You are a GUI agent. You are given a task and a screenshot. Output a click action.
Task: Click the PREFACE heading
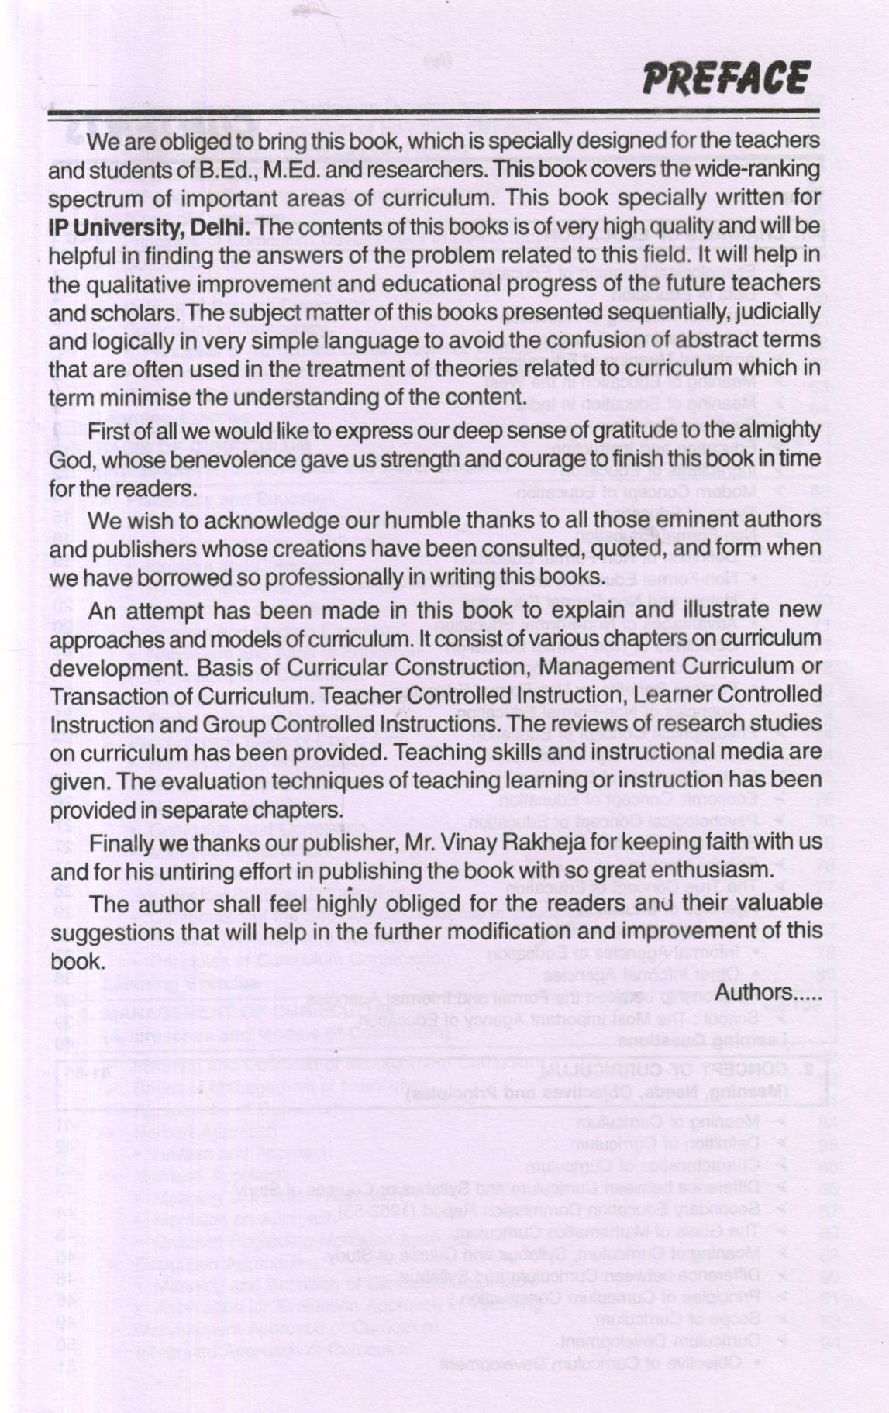coord(726,78)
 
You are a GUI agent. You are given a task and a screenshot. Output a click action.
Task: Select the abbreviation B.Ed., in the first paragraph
coord(228,170)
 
